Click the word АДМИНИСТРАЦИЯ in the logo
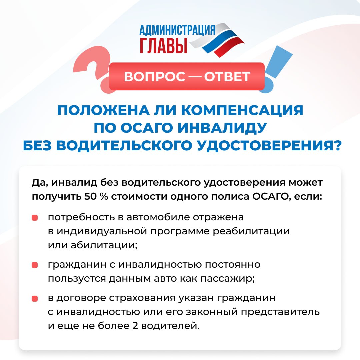177,30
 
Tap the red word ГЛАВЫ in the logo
163,46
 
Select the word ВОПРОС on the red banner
155,77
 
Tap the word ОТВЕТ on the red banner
227,77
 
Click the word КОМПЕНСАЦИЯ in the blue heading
242,110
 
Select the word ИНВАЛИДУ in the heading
222,128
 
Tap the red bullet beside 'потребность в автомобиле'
35,218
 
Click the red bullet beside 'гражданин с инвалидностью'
35,265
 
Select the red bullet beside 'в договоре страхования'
35,299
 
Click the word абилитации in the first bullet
104,245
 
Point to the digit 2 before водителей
135,326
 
